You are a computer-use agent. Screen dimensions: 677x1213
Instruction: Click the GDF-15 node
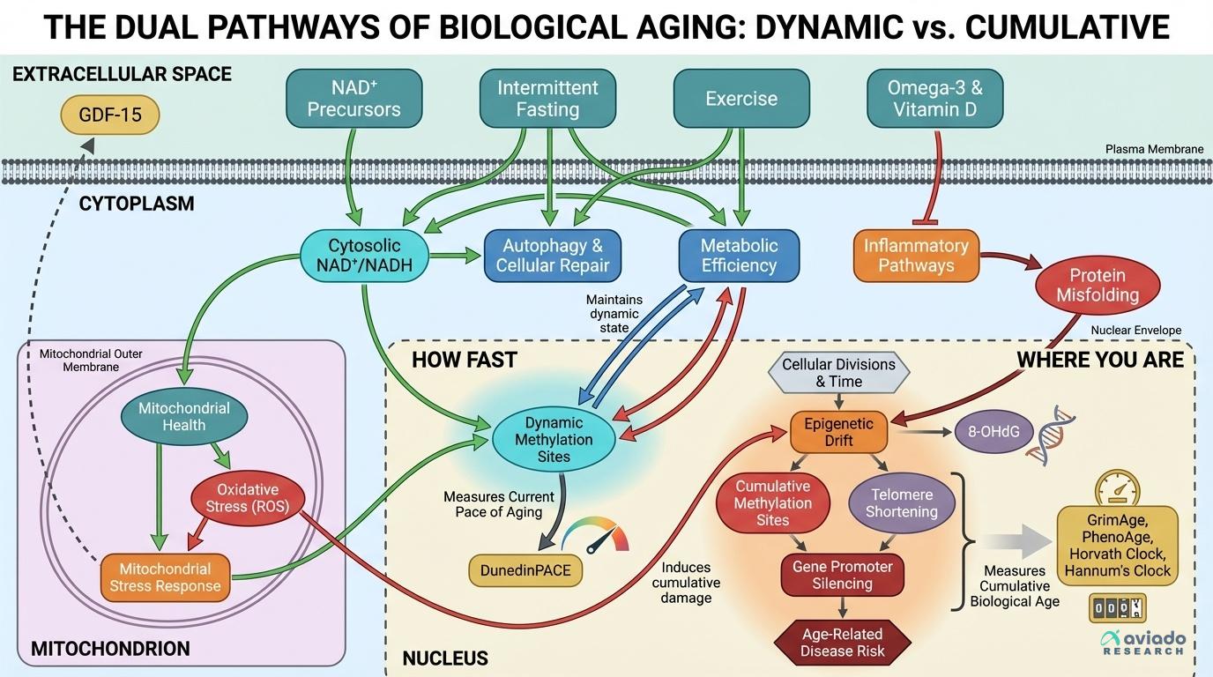tap(110, 115)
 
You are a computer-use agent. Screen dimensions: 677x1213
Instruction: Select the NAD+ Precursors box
tap(353, 99)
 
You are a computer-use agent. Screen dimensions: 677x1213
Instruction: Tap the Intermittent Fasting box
tap(547, 99)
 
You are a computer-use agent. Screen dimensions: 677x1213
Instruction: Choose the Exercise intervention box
tap(741, 99)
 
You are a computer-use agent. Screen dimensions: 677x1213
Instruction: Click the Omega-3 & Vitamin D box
tap(934, 99)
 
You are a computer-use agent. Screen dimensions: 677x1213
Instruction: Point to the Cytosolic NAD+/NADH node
tap(364, 255)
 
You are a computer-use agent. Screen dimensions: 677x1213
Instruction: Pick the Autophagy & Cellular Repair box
tap(552, 256)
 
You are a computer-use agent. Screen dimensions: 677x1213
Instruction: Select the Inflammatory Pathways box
tap(916, 256)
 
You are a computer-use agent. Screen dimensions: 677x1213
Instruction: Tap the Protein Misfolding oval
tap(1098, 285)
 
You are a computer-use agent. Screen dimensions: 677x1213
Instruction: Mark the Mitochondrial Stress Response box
tap(165, 577)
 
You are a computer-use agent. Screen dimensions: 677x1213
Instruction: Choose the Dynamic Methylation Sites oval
tap(554, 439)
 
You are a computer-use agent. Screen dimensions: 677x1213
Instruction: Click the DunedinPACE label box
tap(525, 570)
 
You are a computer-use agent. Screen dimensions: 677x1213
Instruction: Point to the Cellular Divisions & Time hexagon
tap(838, 373)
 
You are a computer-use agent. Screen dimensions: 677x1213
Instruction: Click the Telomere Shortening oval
tap(901, 503)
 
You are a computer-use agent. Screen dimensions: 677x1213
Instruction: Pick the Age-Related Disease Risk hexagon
tap(843, 643)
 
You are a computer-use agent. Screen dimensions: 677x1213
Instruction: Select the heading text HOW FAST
tap(464, 360)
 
